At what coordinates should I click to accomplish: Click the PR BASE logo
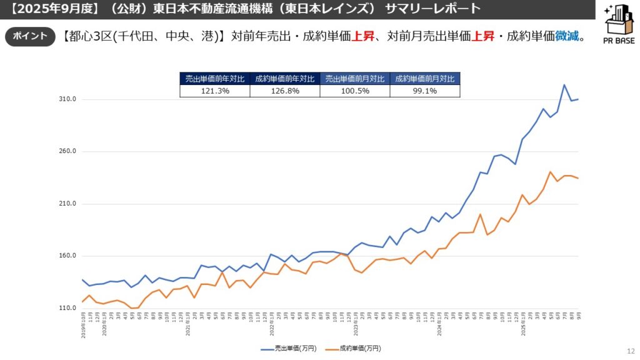tap(619, 24)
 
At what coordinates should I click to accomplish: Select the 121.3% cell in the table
tap(214, 91)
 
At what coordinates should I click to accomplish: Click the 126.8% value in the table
tap(284, 91)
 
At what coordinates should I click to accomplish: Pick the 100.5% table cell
tap(354, 91)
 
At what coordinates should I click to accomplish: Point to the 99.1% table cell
tap(424, 91)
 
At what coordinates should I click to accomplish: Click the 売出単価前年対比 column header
tap(214, 79)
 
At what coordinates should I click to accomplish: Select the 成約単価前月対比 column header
tap(424, 79)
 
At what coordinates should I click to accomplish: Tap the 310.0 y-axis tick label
tap(68, 99)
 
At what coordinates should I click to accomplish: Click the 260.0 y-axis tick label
tap(68, 151)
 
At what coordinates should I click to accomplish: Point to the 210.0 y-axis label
tap(68, 204)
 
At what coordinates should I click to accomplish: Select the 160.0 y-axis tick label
tap(68, 256)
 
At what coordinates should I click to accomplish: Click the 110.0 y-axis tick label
tap(68, 308)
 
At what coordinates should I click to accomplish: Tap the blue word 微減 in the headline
tap(567, 36)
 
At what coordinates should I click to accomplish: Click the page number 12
tap(630, 351)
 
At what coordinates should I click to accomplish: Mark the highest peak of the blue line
tap(564, 85)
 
